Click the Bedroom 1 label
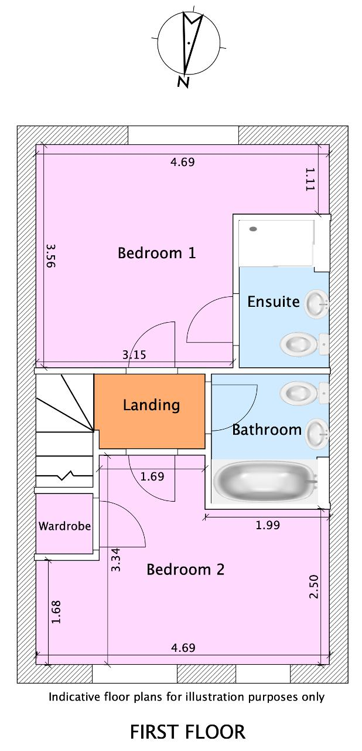pos(156,253)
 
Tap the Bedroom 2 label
pos(185,570)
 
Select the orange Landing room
pos(149,411)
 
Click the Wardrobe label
pos(64,526)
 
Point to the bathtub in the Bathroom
pos(265,482)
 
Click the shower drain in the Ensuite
pos(253,229)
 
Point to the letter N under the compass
pos(183,82)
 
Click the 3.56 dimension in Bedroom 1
pos(50,255)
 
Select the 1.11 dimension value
pos(310,180)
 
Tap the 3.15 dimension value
pos(134,355)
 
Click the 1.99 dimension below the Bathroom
pos(268,525)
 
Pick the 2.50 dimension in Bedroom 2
pos(314,586)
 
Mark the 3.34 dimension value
pos(115,560)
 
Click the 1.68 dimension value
pos(56,612)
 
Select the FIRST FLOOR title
pos(187,732)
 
